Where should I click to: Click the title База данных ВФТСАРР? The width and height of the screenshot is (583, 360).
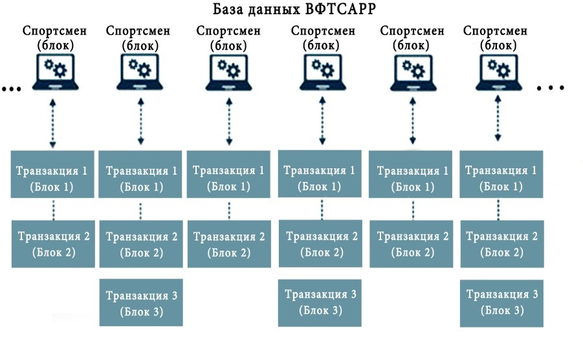[294, 9]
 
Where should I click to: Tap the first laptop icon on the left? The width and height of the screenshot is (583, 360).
[56, 72]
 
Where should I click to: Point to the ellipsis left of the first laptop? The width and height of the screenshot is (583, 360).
[12, 89]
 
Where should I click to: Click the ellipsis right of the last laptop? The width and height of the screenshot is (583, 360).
[551, 88]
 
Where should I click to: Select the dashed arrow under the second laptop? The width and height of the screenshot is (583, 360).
[140, 121]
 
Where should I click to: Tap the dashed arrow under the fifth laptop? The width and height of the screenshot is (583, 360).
[412, 121]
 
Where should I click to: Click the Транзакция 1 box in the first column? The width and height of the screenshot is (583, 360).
[52, 174]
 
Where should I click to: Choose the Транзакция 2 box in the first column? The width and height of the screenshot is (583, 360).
[53, 244]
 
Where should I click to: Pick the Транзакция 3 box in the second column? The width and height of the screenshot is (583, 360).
[141, 303]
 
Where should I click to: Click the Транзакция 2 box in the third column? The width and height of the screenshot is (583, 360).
[229, 244]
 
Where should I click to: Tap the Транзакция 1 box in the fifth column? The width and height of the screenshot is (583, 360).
[410, 174]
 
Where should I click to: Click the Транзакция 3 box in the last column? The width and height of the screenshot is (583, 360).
[501, 304]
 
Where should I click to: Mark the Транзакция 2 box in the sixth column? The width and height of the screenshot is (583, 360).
[502, 244]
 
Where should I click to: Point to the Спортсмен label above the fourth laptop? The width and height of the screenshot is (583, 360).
[323, 31]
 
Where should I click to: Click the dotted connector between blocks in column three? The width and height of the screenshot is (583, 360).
[228, 210]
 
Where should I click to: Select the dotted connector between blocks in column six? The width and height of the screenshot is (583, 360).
[498, 210]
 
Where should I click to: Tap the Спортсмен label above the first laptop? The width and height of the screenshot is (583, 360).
[54, 31]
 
